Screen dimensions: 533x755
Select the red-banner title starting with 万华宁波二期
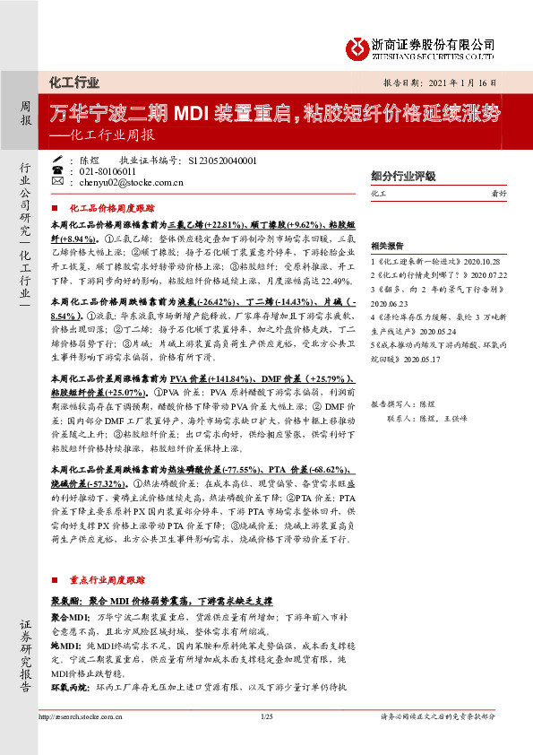(x=276, y=114)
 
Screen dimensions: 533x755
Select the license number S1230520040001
(x=223, y=160)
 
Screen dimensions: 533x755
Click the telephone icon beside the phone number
(x=58, y=170)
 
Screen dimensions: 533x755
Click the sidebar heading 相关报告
(x=387, y=244)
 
